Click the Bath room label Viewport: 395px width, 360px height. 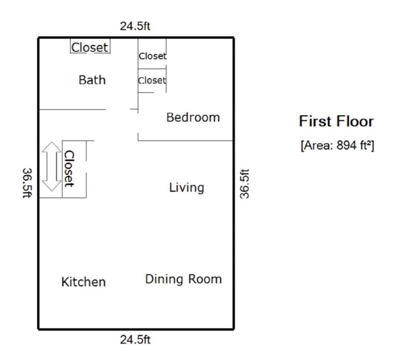(x=92, y=80)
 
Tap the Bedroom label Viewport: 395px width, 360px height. (x=193, y=117)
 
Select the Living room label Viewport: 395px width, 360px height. (x=186, y=187)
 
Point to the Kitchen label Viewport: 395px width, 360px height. (x=83, y=282)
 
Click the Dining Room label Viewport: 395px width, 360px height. (x=183, y=279)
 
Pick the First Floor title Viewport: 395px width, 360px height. (x=336, y=121)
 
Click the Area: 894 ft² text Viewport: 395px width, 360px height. (x=337, y=145)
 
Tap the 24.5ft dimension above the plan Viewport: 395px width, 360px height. (x=135, y=26)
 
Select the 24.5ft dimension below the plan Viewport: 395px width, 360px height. (x=135, y=340)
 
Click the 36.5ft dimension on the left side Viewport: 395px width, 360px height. (x=27, y=183)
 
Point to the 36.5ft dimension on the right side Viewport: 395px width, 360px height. (x=244, y=184)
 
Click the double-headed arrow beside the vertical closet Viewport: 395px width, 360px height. (x=52, y=166)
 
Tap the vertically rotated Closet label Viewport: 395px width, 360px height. (x=69, y=169)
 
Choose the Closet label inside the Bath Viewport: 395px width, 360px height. (x=89, y=47)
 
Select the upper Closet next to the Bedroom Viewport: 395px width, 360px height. (x=152, y=56)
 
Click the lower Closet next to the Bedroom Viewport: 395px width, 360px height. (x=152, y=81)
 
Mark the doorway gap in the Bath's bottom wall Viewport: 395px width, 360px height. (x=118, y=109)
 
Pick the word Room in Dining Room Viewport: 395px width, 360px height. (x=205, y=279)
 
